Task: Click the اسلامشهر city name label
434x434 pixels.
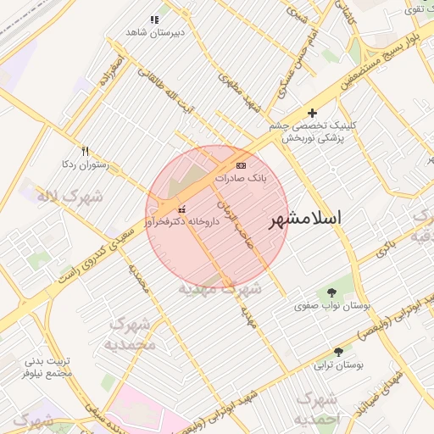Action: [x=305, y=219]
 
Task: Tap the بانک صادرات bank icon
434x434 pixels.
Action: [x=242, y=165]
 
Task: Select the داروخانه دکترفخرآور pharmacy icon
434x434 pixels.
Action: [x=181, y=209]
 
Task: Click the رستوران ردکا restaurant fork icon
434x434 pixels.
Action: [x=85, y=151]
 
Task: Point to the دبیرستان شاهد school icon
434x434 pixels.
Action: [x=154, y=19]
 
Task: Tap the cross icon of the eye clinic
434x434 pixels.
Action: [x=312, y=113]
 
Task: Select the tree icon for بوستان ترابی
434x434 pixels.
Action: [x=339, y=351]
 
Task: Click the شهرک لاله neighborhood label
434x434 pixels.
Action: [x=70, y=197]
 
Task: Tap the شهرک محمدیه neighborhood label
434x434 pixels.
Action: [x=130, y=334]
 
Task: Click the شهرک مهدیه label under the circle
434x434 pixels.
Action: [x=220, y=289]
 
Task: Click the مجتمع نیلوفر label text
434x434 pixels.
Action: [x=47, y=371]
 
